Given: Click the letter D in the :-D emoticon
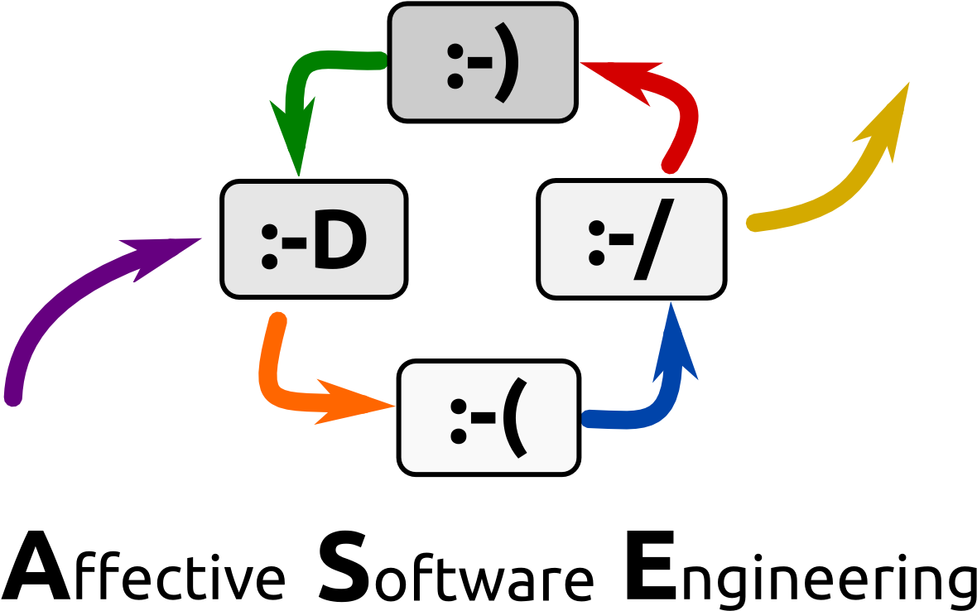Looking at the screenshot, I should pos(339,243).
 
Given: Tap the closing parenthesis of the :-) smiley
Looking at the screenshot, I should pos(507,65).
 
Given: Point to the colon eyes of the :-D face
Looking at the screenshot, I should pos(269,247).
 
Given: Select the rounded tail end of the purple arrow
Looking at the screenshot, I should pos(12,397).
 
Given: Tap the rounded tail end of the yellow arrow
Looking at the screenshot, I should pos(753,222).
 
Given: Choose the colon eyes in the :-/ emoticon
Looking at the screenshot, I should pos(596,242).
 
